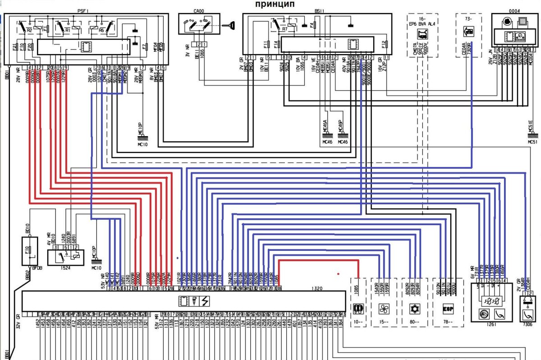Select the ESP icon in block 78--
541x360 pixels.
coord(448,309)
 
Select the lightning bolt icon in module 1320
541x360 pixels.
coord(205,300)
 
